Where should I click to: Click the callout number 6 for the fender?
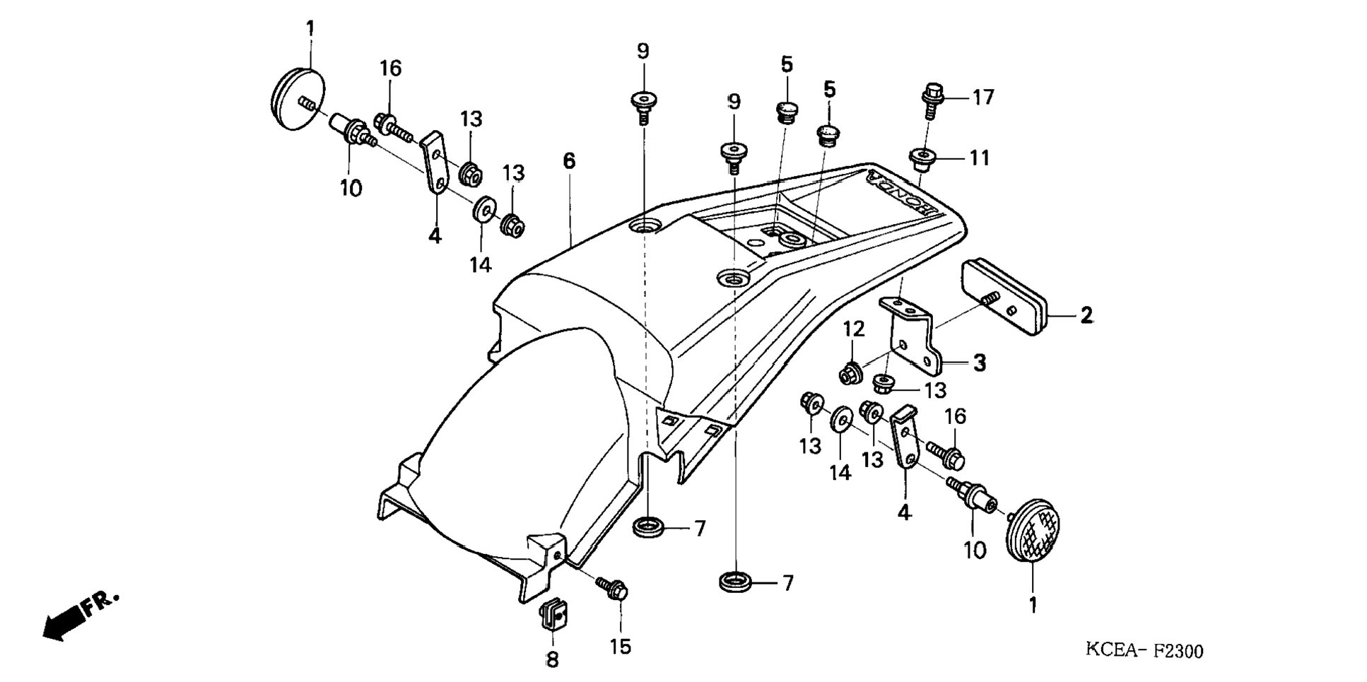tap(569, 162)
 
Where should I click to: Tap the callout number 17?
tap(982, 98)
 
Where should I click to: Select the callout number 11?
tap(978, 158)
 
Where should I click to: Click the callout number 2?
tap(1086, 315)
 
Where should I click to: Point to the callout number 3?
tap(979, 363)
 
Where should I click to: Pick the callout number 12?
tap(854, 329)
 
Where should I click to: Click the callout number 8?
tap(552, 659)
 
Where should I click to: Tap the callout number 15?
tap(620, 647)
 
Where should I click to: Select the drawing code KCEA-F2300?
tap(1144, 650)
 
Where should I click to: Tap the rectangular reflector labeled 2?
tap(1004, 297)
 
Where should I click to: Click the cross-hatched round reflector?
tap(1033, 531)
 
